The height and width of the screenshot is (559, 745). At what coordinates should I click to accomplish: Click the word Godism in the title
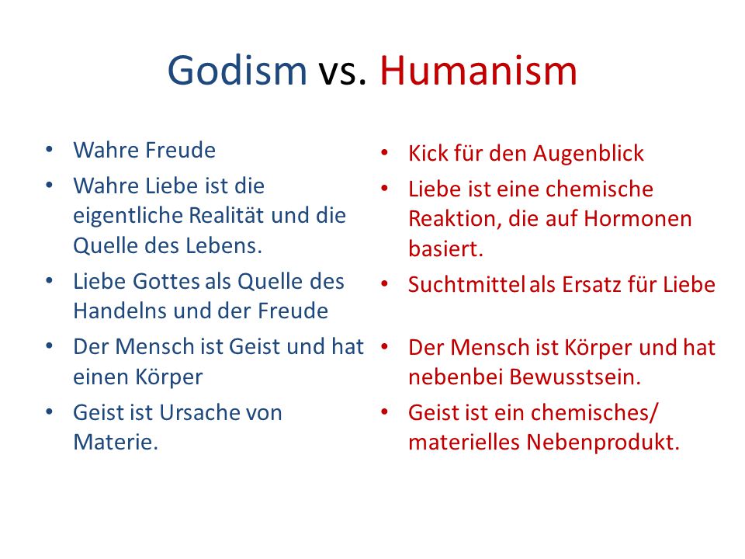point(237,71)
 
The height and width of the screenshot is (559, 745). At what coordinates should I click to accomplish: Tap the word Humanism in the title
point(479,71)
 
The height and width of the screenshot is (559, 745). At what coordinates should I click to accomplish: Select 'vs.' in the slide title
point(342,74)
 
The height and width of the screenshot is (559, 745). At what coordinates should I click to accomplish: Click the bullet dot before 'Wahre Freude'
point(49,150)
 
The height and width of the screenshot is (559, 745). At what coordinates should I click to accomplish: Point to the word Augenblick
point(588,154)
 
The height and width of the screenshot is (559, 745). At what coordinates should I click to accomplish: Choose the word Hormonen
point(638,219)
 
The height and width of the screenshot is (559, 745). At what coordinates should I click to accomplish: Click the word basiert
point(445,248)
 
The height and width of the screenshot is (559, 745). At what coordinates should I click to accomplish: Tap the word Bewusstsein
point(575,377)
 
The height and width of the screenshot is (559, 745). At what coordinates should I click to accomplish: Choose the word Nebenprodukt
point(603,442)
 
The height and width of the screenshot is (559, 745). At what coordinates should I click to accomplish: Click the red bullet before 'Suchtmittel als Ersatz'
point(384,284)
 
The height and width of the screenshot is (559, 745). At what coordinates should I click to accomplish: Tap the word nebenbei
point(456,377)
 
